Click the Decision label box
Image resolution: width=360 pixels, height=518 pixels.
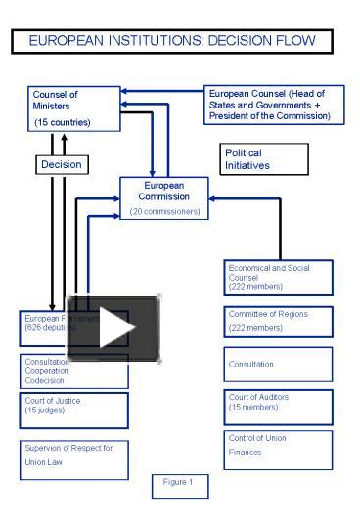click(60, 164)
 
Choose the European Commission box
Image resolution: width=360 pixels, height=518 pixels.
click(163, 198)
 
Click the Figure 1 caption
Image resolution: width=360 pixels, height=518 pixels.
click(177, 483)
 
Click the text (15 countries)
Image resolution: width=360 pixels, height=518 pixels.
click(61, 123)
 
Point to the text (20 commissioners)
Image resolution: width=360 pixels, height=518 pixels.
click(163, 213)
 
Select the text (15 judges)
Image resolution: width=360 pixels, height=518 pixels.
click(45, 410)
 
